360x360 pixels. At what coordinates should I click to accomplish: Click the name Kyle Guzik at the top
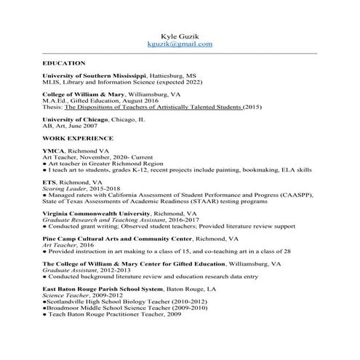pos(180,35)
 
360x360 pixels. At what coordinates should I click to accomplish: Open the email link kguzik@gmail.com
pos(180,44)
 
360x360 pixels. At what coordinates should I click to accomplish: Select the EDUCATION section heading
pos(64,63)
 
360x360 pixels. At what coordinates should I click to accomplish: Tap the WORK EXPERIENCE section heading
pos(78,137)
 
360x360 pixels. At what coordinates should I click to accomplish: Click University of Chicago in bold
pos(75,119)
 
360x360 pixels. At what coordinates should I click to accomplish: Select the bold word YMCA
pos(53,150)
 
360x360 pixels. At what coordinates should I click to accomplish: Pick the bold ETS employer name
pos(49,181)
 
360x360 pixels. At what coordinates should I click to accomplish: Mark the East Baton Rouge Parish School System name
pos(116,289)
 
